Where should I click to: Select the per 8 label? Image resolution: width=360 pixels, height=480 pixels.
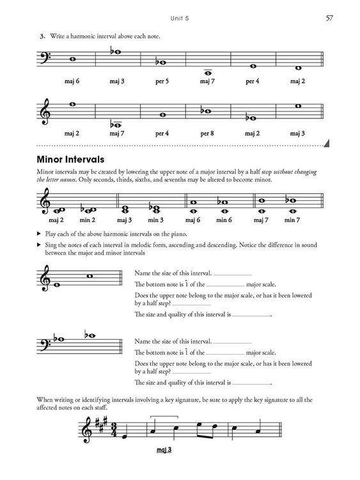pyautogui.click(x=207, y=133)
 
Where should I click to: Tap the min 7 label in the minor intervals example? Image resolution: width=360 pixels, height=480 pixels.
pyautogui.click(x=292, y=220)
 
